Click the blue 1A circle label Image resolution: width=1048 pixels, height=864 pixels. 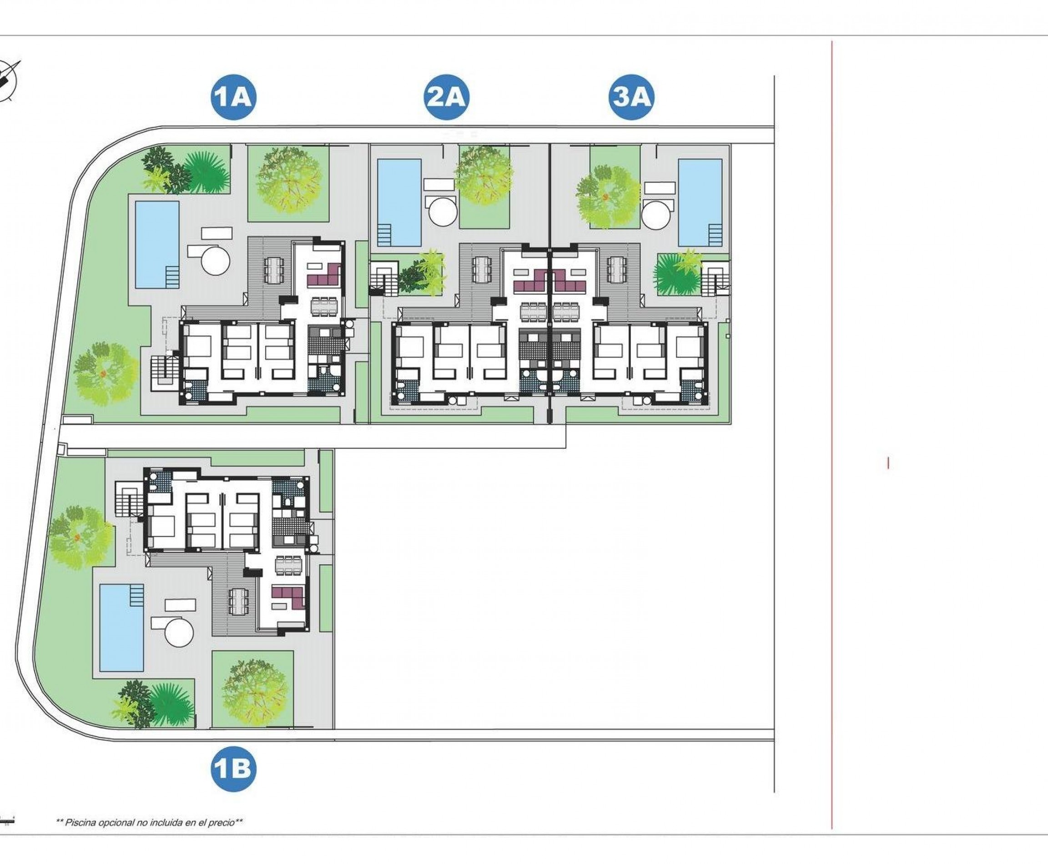(x=233, y=96)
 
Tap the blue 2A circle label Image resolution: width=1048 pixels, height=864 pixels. (x=447, y=96)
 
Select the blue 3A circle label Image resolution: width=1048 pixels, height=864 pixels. (x=631, y=96)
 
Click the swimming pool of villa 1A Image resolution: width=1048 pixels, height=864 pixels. (x=157, y=244)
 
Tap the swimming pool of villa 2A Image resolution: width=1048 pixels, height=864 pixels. (x=399, y=202)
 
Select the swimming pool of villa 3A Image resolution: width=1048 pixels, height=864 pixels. (x=700, y=202)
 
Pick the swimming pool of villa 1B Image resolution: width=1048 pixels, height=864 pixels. (x=121, y=628)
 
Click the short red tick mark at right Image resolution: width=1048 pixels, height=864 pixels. (x=888, y=463)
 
